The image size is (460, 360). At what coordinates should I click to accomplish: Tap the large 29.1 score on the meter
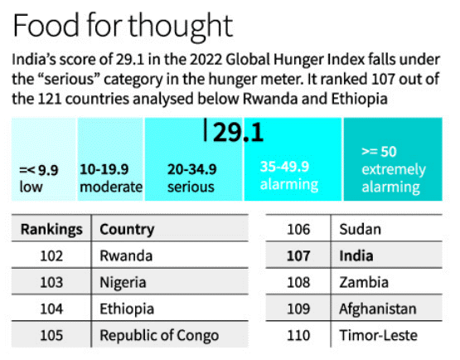pyautogui.click(x=238, y=133)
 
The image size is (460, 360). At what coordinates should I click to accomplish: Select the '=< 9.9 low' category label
pyautogui.click(x=39, y=178)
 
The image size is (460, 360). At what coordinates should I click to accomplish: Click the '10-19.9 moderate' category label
pyautogui.click(x=111, y=178)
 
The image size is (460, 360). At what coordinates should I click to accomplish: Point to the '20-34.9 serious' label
pyautogui.click(x=191, y=178)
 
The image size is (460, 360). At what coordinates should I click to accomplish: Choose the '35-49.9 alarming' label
pyautogui.click(x=289, y=176)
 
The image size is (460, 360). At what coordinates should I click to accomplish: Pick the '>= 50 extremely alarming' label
pyautogui.click(x=394, y=169)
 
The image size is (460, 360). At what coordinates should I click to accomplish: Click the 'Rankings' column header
pyautogui.click(x=51, y=229)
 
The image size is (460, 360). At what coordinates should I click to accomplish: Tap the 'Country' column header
pyautogui.click(x=127, y=229)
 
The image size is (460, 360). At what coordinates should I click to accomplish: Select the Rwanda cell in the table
pyautogui.click(x=126, y=255)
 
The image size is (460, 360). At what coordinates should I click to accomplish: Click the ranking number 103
pyautogui.click(x=51, y=283)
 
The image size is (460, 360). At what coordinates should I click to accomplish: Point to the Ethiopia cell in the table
pyautogui.click(x=127, y=309)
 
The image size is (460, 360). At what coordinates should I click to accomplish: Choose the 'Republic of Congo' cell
pyautogui.click(x=159, y=336)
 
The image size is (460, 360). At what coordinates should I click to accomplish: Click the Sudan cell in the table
pyautogui.click(x=361, y=229)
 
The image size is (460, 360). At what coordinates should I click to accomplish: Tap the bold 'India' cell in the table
pyautogui.click(x=356, y=255)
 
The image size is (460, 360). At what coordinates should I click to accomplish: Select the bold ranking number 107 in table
pyautogui.click(x=298, y=255)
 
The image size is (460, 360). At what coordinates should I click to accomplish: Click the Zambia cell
pyautogui.click(x=364, y=283)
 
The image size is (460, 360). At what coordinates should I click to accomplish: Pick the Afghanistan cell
pyautogui.click(x=378, y=309)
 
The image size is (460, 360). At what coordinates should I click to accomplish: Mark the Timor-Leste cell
pyautogui.click(x=379, y=335)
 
